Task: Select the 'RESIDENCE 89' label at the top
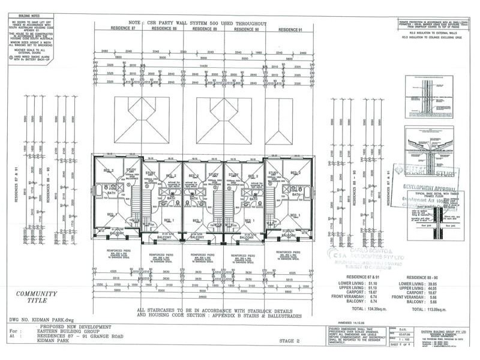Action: pos(204,28)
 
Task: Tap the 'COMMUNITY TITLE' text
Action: pos(37,298)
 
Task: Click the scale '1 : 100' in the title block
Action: pos(397,340)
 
